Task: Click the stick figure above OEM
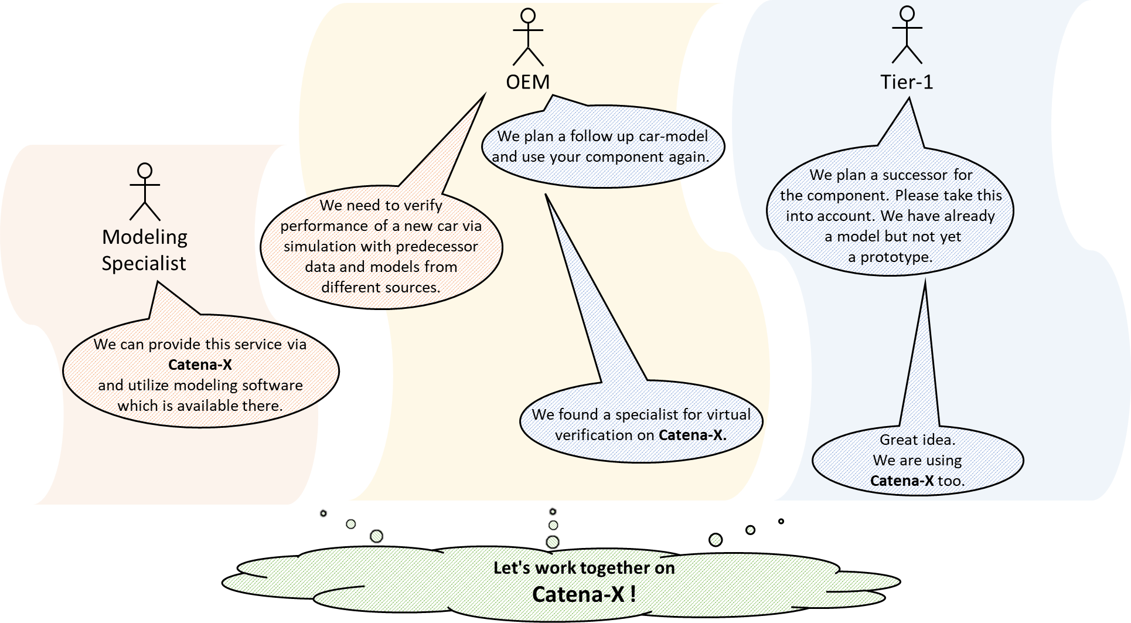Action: tap(528, 36)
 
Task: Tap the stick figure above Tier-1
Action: tap(907, 35)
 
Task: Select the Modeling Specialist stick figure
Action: tap(145, 192)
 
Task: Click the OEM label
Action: tap(528, 82)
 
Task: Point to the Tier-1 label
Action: tap(907, 82)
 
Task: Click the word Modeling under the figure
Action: tap(145, 237)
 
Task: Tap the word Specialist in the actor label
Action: tap(144, 263)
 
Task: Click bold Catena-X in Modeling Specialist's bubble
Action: tap(200, 365)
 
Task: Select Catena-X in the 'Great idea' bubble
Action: tap(902, 481)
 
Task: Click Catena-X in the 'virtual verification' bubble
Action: tap(692, 435)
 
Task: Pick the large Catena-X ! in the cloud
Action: tap(584, 594)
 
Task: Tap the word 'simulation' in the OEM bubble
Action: tap(320, 246)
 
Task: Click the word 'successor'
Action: tap(915, 175)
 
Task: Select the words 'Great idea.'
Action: tap(917, 440)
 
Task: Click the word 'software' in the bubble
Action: tap(273, 385)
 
